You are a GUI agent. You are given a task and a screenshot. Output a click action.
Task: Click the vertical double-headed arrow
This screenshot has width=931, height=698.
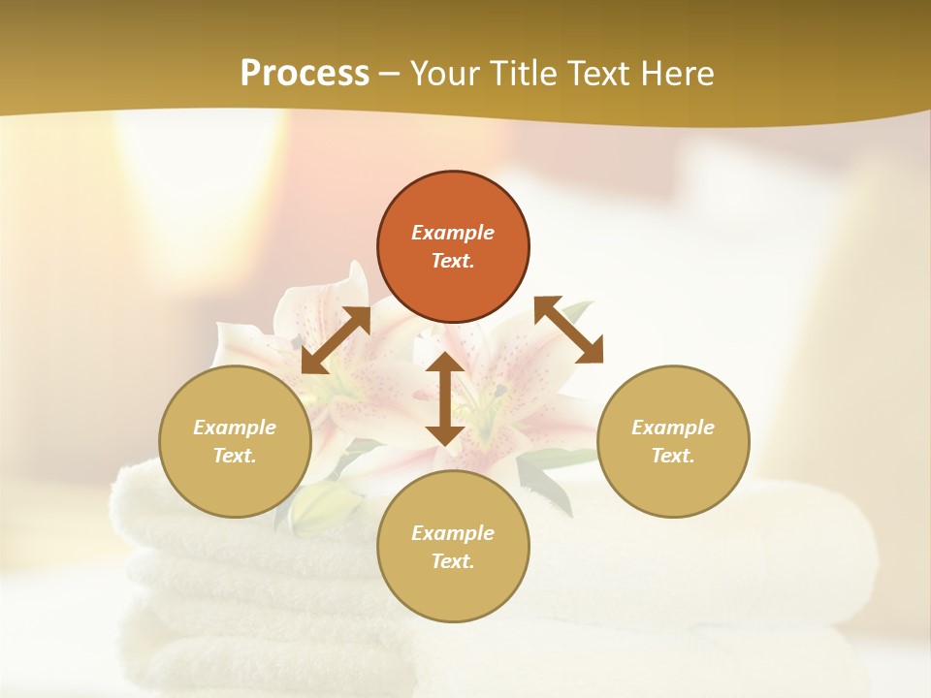click(444, 398)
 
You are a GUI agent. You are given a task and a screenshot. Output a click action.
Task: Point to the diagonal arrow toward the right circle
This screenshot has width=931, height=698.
click(569, 330)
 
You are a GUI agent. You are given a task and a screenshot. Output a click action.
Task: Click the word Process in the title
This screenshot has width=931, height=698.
click(305, 73)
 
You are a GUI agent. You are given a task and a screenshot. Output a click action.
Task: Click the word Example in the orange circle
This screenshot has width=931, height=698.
click(453, 233)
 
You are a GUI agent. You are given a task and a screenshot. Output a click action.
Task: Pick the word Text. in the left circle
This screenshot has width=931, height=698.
click(235, 456)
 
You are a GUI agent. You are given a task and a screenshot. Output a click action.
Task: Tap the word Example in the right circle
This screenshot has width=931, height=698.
click(673, 428)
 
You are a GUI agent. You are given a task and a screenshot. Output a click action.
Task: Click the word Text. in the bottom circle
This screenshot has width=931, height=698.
click(453, 561)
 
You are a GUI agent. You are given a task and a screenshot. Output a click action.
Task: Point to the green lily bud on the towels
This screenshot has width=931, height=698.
click(320, 507)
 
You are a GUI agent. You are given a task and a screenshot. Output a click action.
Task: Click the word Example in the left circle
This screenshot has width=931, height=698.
click(235, 428)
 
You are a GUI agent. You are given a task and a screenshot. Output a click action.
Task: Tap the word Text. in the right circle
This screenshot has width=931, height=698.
click(673, 456)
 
